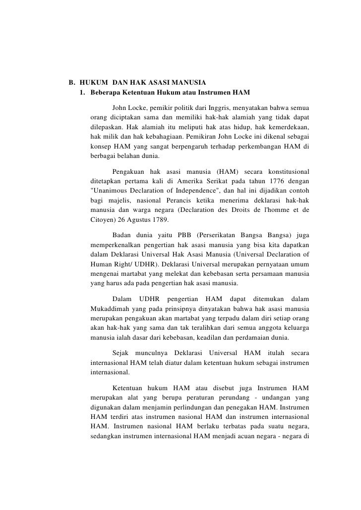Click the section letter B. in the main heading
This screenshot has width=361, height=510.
71,82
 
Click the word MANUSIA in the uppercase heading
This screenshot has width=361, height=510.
187,82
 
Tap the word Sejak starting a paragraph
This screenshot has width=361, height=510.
122,353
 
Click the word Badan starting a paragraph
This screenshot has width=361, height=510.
122,235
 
